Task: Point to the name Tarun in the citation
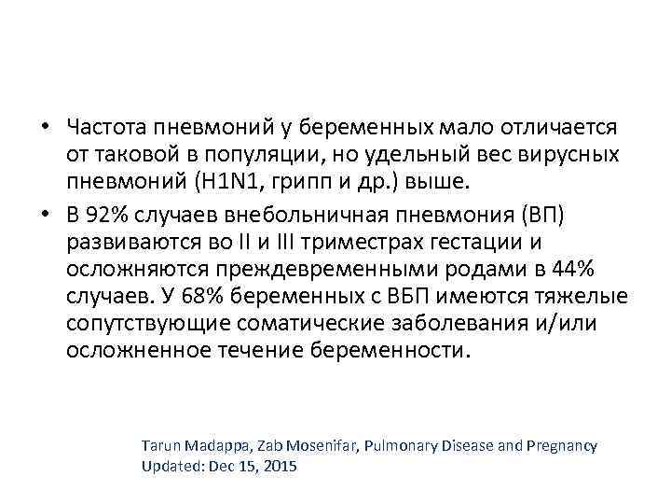coord(161,447)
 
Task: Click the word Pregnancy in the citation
coord(562,447)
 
